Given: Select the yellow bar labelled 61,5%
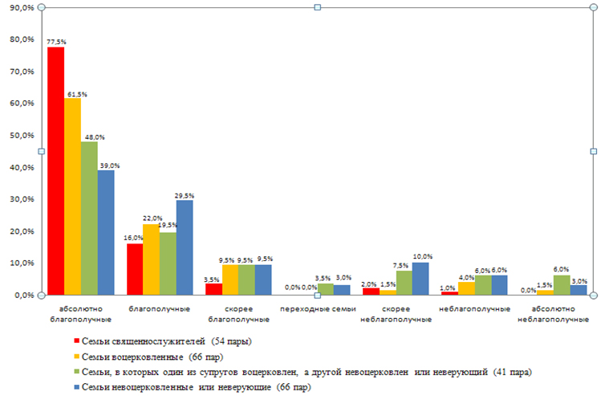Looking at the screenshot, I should tap(72, 196).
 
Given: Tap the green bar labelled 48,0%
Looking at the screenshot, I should tap(89, 218).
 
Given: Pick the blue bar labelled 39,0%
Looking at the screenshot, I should tap(106, 232).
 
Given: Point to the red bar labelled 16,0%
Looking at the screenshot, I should tap(134, 269).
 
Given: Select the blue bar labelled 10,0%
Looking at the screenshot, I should tap(420, 279).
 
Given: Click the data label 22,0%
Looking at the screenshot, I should tap(152, 218).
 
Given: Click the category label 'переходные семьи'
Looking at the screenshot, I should tap(317, 308).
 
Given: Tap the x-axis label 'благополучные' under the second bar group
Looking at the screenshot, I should tap(159, 308).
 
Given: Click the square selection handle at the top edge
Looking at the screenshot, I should tap(318, 7).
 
